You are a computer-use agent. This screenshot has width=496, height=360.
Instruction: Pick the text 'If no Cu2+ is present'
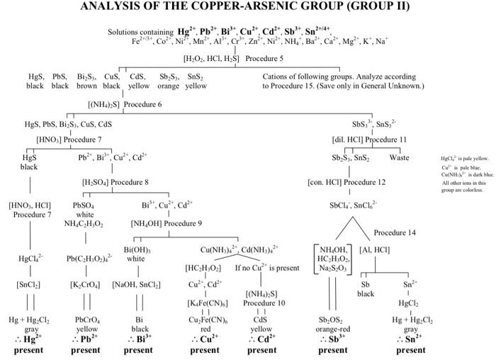click(x=266, y=269)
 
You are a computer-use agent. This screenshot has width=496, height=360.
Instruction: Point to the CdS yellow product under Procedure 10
click(x=261, y=324)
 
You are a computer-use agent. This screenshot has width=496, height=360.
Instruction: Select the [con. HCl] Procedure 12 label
click(x=348, y=182)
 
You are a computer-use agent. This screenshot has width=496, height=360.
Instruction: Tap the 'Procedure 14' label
click(x=395, y=232)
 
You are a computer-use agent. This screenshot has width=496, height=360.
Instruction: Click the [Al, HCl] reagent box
click(x=375, y=249)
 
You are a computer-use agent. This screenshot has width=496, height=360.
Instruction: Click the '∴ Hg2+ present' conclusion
click(x=28, y=344)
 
